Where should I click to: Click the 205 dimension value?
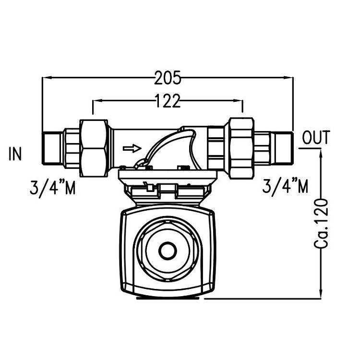(x=167, y=77)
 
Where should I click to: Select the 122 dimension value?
(x=168, y=101)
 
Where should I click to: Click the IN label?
(x=15, y=154)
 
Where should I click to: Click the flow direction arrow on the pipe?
(x=133, y=148)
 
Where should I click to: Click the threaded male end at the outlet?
(x=282, y=148)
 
